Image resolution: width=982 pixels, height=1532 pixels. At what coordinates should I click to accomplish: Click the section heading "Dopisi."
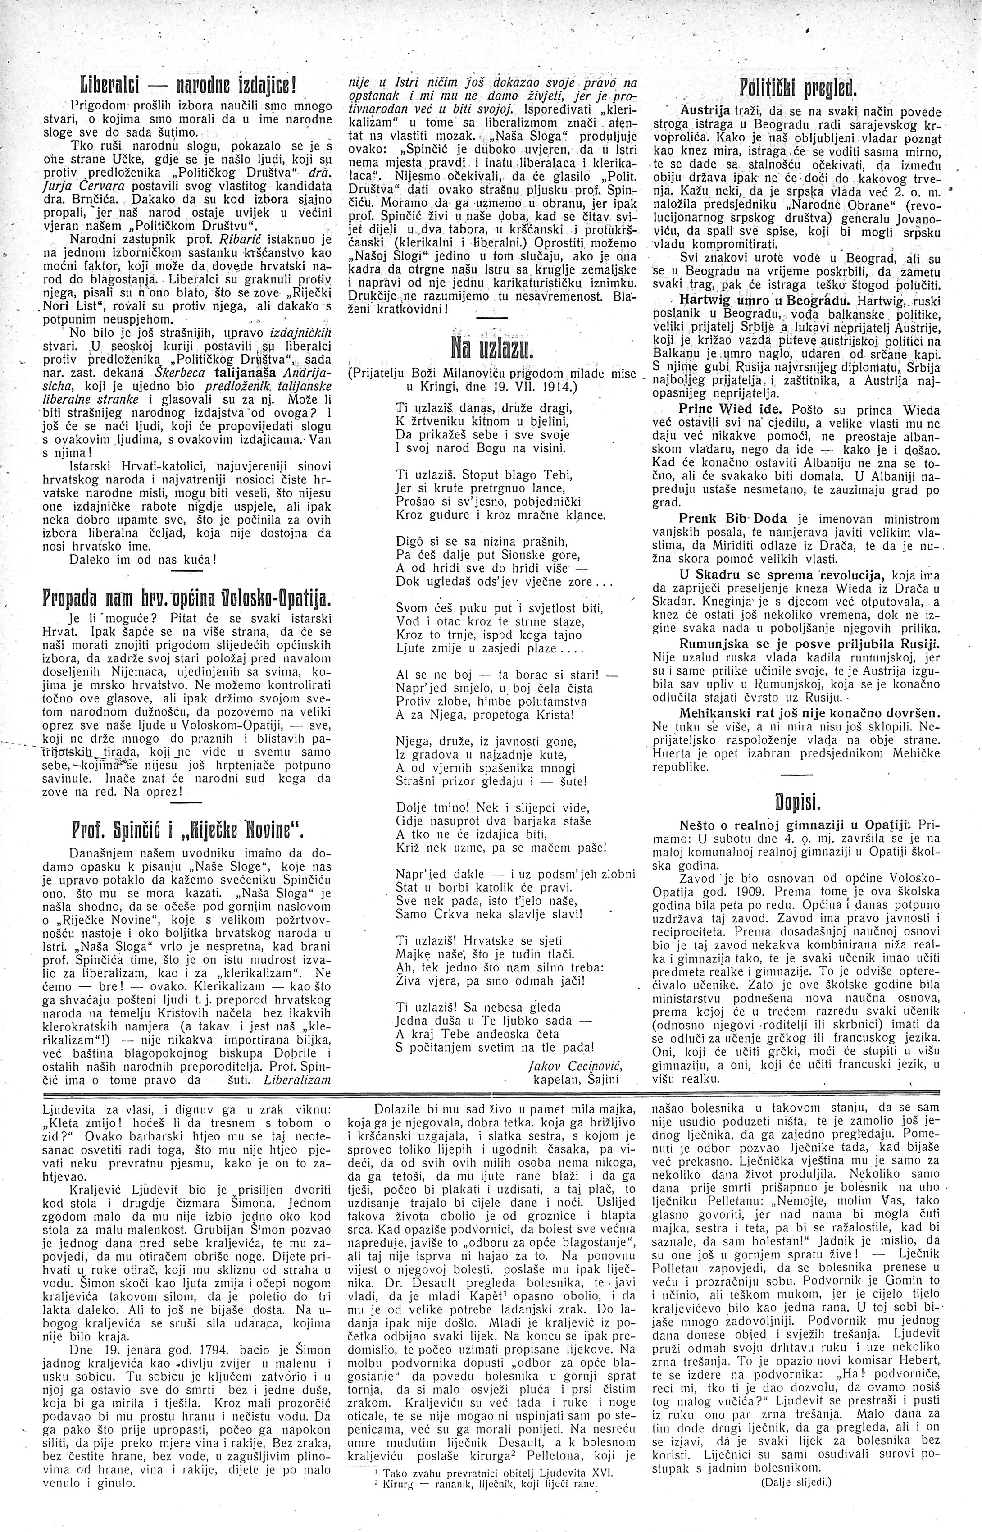pyautogui.click(x=796, y=802)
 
